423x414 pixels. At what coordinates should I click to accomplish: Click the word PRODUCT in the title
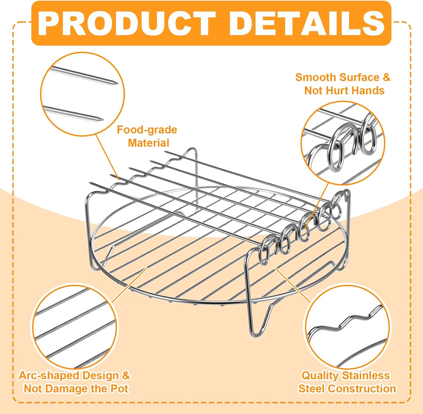127,23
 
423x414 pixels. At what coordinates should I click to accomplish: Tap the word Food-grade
147,130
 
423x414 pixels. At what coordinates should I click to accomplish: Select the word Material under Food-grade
149,143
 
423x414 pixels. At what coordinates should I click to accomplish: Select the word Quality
320,376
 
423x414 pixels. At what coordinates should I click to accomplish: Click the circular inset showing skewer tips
82,94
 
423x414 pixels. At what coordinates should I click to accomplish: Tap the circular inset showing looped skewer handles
343,143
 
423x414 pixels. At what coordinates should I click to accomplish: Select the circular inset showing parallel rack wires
74,327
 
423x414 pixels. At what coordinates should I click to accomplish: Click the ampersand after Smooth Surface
386,77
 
